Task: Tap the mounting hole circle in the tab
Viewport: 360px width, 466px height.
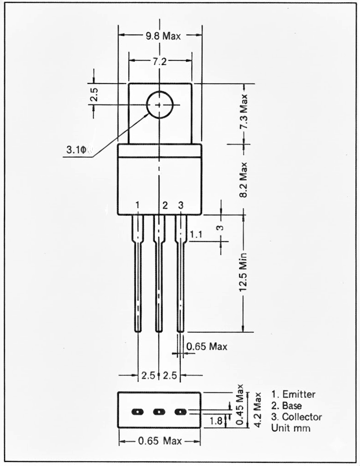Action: [159, 105]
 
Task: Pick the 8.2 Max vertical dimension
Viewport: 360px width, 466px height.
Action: [244, 179]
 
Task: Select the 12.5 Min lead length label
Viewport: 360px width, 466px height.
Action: [244, 272]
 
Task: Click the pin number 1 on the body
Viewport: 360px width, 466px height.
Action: [137, 205]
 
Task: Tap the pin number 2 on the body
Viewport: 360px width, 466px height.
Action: [165, 205]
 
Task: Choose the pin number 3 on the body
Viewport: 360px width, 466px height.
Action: [181, 205]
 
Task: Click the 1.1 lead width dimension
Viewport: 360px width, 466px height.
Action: [196, 235]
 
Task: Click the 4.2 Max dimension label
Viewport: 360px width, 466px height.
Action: [258, 410]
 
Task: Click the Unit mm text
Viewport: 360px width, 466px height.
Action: [291, 428]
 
